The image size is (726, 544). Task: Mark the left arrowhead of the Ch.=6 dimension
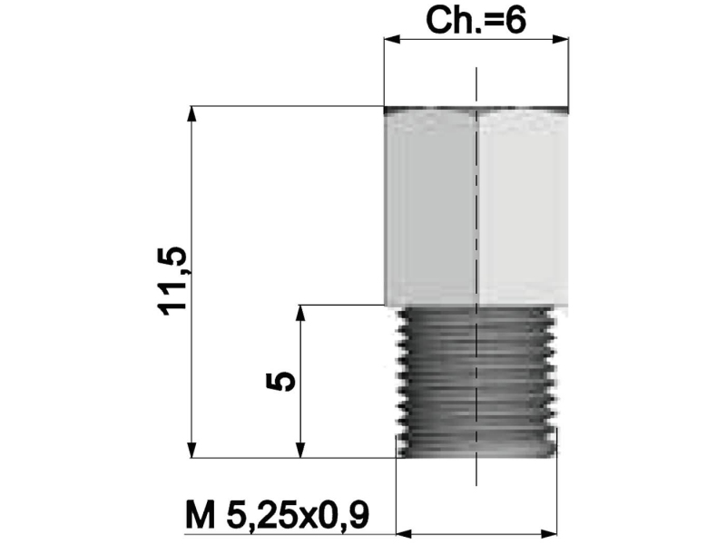[391, 39]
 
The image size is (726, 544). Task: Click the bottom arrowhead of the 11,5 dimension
[191, 451]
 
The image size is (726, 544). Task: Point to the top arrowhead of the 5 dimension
[299, 314]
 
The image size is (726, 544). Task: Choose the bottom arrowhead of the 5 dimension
[299, 451]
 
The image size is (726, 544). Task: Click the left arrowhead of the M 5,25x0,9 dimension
[406, 531]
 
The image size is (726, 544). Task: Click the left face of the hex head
[429, 209]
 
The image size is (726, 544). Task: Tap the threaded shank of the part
[476, 381]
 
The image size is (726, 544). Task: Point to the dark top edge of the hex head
[476, 111]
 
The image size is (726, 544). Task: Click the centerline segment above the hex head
[475, 86]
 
